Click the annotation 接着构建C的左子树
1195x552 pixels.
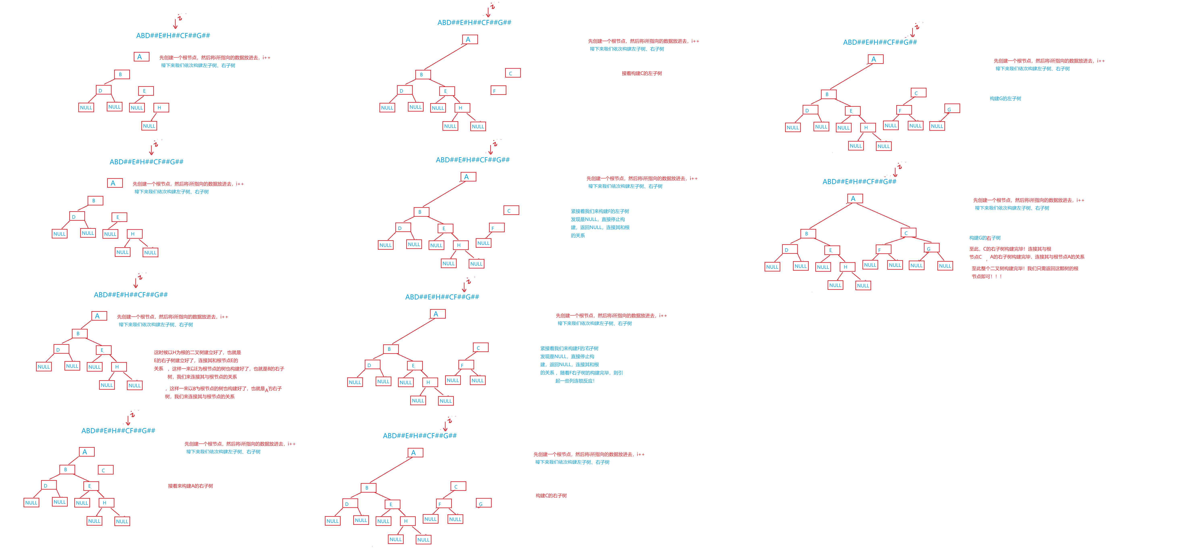pos(642,73)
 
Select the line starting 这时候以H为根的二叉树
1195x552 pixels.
pos(198,353)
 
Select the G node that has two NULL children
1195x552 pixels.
pos(931,249)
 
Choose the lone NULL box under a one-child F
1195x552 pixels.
pos(483,243)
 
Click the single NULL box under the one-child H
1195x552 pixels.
pos(149,126)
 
